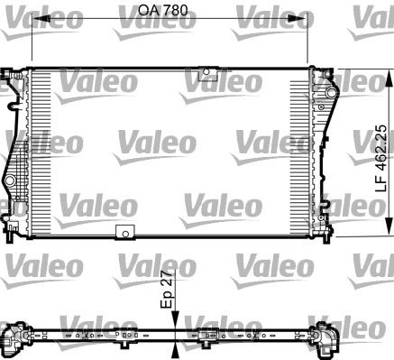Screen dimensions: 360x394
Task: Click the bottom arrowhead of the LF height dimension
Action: (389, 233)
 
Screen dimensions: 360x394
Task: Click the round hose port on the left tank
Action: (11, 184)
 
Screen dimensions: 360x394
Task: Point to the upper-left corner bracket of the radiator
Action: (14, 80)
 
